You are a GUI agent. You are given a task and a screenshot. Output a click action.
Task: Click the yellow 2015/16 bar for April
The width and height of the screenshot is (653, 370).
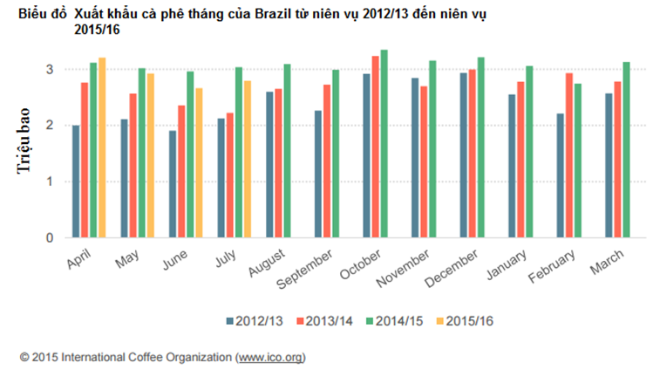pyautogui.click(x=102, y=147)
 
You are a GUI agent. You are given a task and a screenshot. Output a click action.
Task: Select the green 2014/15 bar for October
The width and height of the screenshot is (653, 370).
pyautogui.click(x=384, y=144)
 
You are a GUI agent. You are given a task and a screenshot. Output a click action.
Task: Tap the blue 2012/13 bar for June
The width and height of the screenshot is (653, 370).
pyautogui.click(x=173, y=184)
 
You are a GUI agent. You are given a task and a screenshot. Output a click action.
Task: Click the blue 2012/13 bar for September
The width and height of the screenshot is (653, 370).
pyautogui.click(x=319, y=174)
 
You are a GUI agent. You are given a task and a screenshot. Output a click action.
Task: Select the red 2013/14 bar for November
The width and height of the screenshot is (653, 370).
pyautogui.click(x=424, y=161)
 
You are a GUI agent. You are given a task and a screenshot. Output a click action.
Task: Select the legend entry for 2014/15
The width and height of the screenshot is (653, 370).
pyautogui.click(x=394, y=321)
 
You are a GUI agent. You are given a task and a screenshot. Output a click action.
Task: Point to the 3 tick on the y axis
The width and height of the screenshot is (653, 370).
pyautogui.click(x=50, y=69)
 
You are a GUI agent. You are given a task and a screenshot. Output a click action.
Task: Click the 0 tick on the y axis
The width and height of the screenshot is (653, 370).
pyautogui.click(x=50, y=237)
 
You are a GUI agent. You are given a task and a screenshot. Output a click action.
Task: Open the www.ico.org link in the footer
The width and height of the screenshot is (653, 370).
pyautogui.click(x=269, y=357)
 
